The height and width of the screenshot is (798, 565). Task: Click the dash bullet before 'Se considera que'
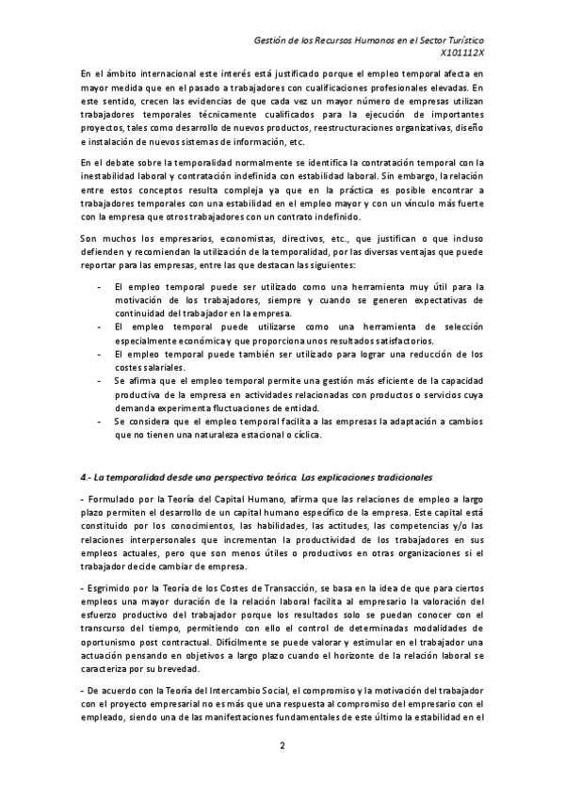[x=100, y=421]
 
